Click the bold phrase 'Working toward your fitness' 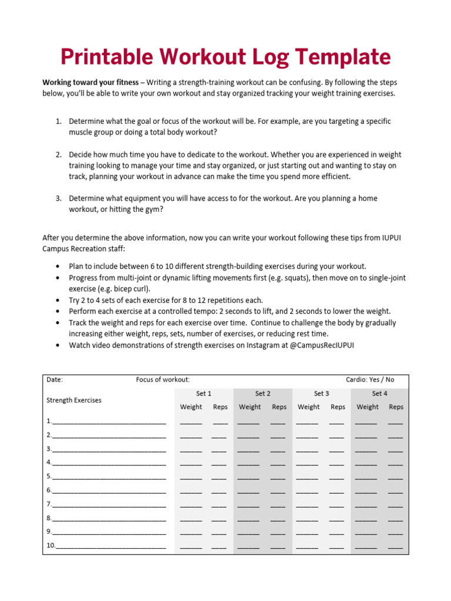coord(90,82)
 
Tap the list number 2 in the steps coord(59,154)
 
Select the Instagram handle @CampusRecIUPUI coord(322,345)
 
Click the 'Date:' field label coord(55,380)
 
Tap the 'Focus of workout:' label coord(163,380)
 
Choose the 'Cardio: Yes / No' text coord(370,380)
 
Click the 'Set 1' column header coord(203,393)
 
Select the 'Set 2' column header coord(262,393)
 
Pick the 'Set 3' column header coord(321,393)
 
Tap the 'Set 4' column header coord(379,393)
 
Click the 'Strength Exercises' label coord(73,400)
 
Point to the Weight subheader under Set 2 coord(250,407)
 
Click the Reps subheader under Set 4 coord(396,407)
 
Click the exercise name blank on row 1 coord(109,421)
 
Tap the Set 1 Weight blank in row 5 coord(191,477)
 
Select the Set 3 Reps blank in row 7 coord(337,505)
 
